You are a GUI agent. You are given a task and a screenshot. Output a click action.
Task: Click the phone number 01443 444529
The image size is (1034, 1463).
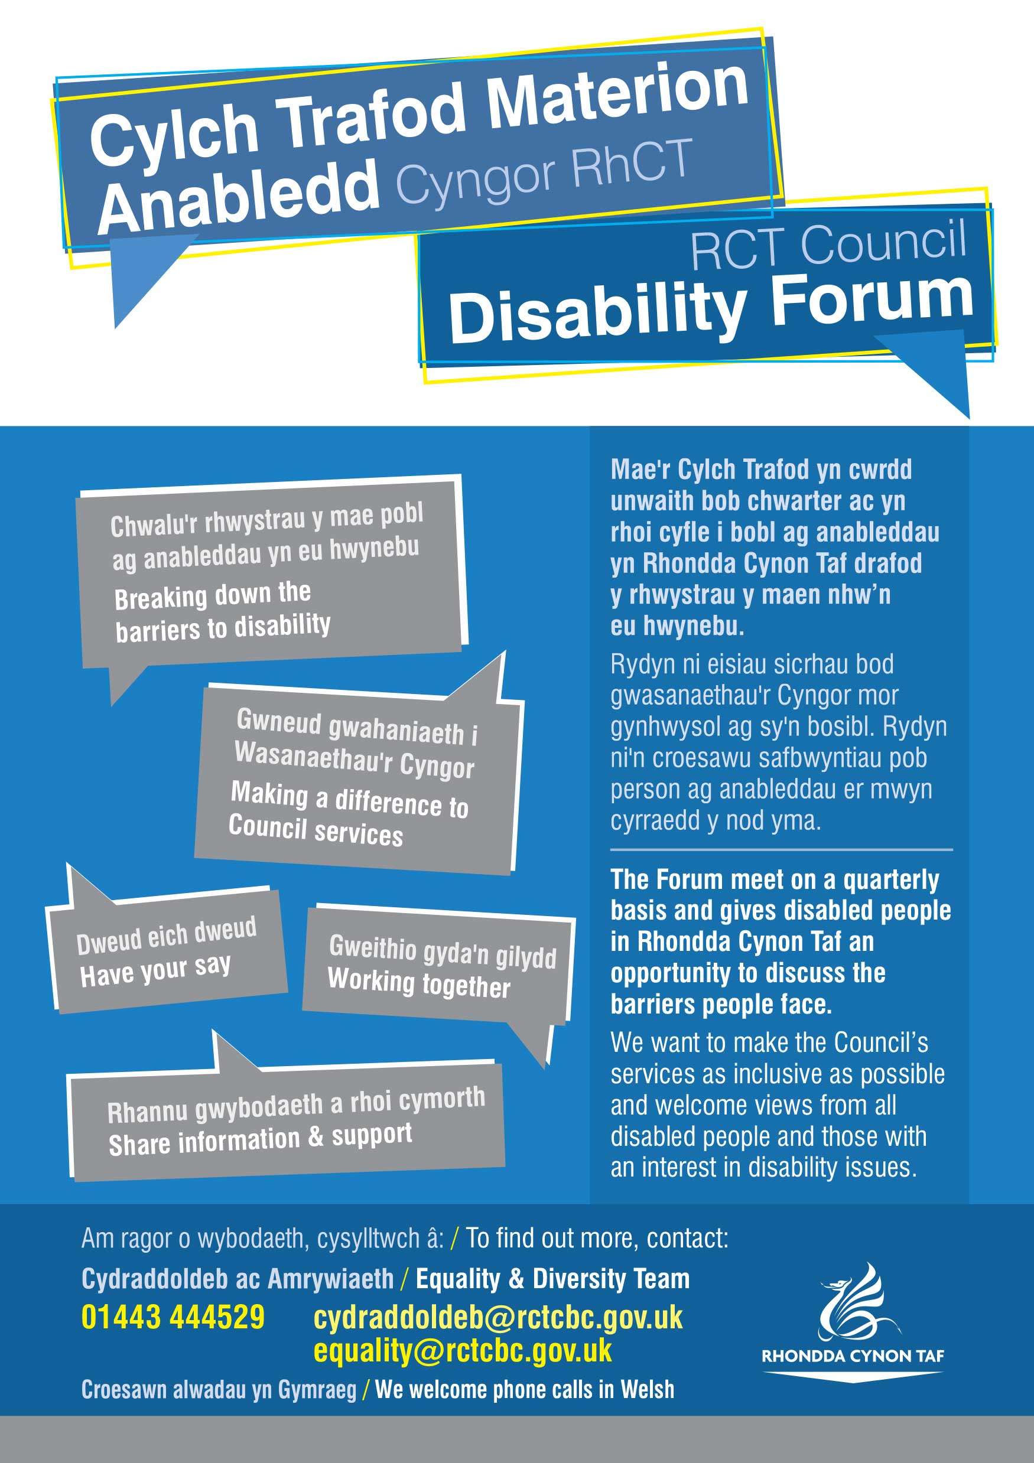coord(173,1317)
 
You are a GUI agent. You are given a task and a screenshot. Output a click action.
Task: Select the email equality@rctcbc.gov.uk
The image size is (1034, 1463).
coord(462,1351)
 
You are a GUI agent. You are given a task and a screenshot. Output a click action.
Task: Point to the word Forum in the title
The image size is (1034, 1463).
coord(872,302)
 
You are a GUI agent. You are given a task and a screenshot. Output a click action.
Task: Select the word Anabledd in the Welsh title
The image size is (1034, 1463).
coord(238,195)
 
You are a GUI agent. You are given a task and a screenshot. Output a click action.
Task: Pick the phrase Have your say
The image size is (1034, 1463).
coord(155,970)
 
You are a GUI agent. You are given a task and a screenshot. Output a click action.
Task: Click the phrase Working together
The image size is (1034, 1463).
coord(419,983)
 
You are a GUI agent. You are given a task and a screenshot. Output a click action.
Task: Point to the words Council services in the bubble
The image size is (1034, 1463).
coord(316,830)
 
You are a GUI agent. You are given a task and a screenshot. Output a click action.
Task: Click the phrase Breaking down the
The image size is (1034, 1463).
coord(212,596)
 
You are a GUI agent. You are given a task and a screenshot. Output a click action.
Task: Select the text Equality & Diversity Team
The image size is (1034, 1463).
coord(552,1278)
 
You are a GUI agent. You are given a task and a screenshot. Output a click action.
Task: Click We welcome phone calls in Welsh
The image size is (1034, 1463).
coord(525,1389)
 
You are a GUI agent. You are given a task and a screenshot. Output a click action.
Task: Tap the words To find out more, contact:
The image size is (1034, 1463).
coord(597,1237)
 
